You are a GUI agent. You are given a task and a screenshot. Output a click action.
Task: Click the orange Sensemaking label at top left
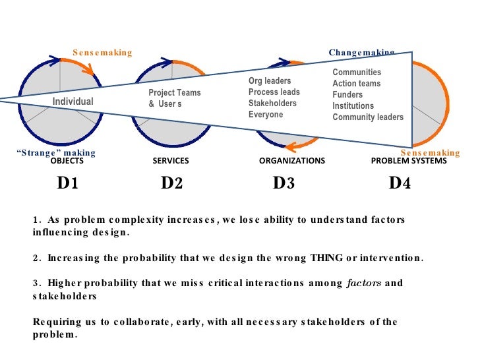pos(102,52)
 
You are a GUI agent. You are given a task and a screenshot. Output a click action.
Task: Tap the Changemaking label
pos(361,52)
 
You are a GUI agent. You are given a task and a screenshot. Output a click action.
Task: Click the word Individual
pos(73,102)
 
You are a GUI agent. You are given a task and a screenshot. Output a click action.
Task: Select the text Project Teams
pos(174,93)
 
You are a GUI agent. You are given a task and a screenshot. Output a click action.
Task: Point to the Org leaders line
pos(270,81)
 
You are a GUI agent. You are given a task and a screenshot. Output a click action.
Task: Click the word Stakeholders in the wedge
pos(272,104)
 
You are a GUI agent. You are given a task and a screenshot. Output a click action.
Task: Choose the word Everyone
pos(266,115)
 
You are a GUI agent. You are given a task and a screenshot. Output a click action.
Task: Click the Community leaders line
pos(368,117)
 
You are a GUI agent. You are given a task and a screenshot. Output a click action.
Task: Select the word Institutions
pos(353,106)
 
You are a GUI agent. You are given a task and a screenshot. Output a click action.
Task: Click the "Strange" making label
pos(55,152)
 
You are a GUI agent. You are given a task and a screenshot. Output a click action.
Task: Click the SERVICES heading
pos(171,161)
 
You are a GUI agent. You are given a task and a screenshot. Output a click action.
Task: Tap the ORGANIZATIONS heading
pos(291,161)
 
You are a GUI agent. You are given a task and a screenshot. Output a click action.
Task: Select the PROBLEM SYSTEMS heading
pos(409,161)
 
